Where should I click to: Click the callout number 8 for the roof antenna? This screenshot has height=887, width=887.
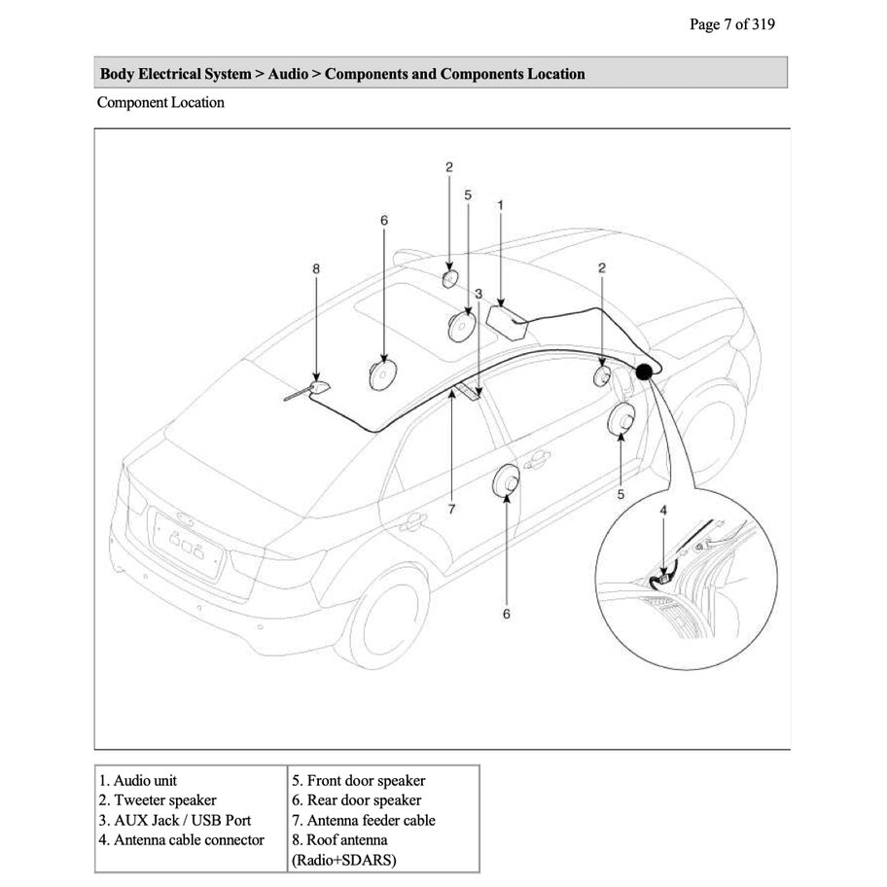coord(316,267)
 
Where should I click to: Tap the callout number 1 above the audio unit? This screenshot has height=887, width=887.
coord(500,205)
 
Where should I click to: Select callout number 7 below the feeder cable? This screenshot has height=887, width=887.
coord(452,509)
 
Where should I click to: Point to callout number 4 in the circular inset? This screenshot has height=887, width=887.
coord(663,510)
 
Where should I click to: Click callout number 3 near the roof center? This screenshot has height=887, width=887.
coord(479,293)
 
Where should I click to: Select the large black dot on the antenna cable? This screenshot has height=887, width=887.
coord(644,371)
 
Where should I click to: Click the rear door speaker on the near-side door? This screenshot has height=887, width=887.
coord(507,481)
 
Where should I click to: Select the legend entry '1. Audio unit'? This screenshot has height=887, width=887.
coord(138,781)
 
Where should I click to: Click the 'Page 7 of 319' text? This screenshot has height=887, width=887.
coord(731,24)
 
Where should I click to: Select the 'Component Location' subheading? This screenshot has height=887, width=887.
coord(160,102)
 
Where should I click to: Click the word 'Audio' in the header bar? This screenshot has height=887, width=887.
coord(287,74)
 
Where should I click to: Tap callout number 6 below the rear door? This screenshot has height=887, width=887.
coord(506,614)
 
